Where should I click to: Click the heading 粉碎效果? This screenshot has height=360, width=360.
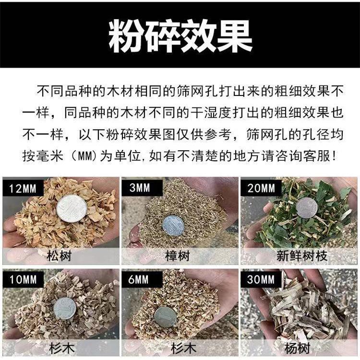tap(180, 36)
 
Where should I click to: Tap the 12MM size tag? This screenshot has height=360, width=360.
tap(23, 188)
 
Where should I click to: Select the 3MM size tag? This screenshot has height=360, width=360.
tap(140, 188)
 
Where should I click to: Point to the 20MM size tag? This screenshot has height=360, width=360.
tap(261, 188)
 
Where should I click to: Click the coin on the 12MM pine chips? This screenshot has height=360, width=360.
tap(72, 208)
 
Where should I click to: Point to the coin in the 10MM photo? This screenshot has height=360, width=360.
tap(64, 308)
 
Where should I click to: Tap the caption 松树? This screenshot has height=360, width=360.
tap(60, 255)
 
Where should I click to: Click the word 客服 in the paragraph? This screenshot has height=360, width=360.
tap(320, 155)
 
